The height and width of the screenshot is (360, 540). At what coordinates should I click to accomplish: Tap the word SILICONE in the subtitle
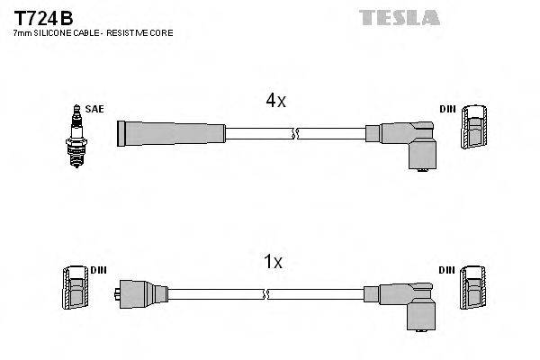[56, 32]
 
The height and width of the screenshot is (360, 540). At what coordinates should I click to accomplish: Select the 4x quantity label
[275, 101]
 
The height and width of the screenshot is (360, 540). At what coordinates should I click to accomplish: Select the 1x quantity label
[274, 262]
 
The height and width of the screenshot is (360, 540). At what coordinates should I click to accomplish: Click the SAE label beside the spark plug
[94, 109]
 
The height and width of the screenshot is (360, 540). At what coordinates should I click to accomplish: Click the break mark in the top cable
[293, 134]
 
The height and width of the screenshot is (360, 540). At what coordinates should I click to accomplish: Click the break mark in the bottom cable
[267, 294]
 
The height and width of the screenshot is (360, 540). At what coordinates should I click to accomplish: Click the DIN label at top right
[447, 109]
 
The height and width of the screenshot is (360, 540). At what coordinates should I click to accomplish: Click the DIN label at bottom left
[97, 270]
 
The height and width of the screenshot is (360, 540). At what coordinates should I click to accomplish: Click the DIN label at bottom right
[447, 270]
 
